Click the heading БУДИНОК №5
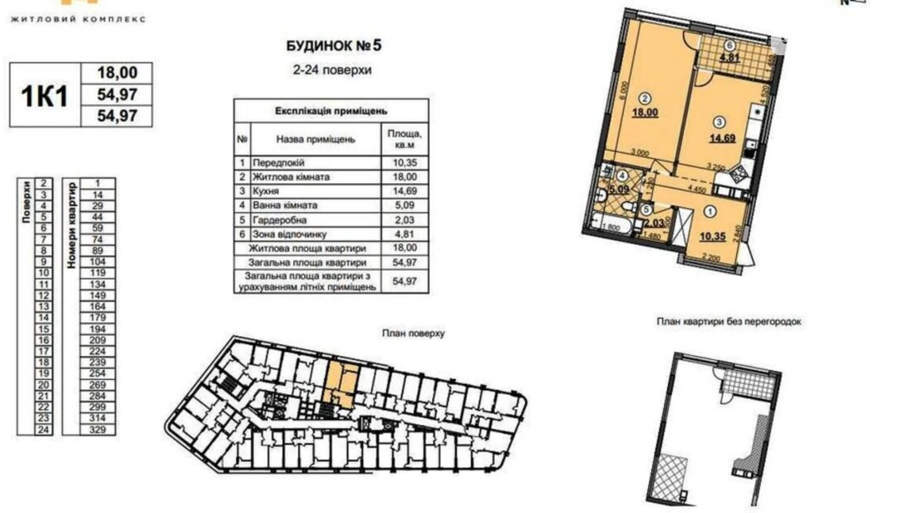click(x=334, y=46)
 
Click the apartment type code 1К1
click(x=44, y=96)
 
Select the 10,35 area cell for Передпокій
click(x=404, y=163)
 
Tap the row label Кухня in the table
click(x=266, y=191)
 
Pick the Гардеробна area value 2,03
click(x=404, y=220)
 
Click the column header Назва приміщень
click(x=315, y=140)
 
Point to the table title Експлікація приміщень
click(x=331, y=111)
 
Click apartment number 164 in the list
click(x=98, y=306)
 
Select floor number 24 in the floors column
click(x=43, y=429)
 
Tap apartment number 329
click(x=98, y=429)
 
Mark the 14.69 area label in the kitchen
click(x=722, y=138)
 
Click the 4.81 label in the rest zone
click(x=730, y=57)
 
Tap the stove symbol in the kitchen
click(x=739, y=174)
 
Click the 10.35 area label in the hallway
click(x=712, y=237)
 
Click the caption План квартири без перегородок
click(x=729, y=322)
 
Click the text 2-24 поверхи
click(x=332, y=70)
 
